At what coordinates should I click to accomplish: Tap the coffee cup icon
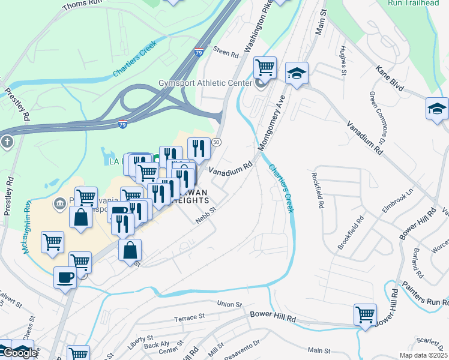point(65,278)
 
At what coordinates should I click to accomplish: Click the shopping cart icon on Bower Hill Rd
point(365,314)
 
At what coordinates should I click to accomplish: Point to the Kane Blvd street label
point(390,79)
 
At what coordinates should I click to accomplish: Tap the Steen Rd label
point(226,54)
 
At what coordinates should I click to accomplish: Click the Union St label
point(229,304)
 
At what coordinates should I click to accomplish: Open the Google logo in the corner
point(19,353)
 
